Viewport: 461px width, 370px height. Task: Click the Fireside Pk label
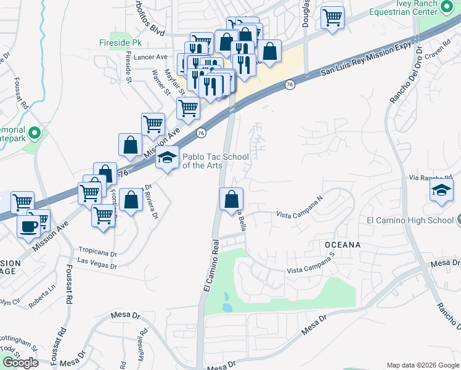[x=121, y=43]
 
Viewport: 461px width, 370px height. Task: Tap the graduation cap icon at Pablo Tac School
[x=166, y=158]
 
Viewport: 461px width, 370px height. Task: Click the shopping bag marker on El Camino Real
[x=231, y=199]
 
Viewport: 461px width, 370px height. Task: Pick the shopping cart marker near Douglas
[x=332, y=17]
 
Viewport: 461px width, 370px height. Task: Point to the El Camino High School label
[x=410, y=220]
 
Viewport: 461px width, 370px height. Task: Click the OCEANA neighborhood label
[x=342, y=245]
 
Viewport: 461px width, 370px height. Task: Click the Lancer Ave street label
[x=150, y=57]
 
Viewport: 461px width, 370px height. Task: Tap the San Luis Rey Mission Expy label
[x=365, y=61]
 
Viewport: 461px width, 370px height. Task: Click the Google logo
[x=20, y=362]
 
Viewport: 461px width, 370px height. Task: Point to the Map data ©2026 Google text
[x=422, y=365]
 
